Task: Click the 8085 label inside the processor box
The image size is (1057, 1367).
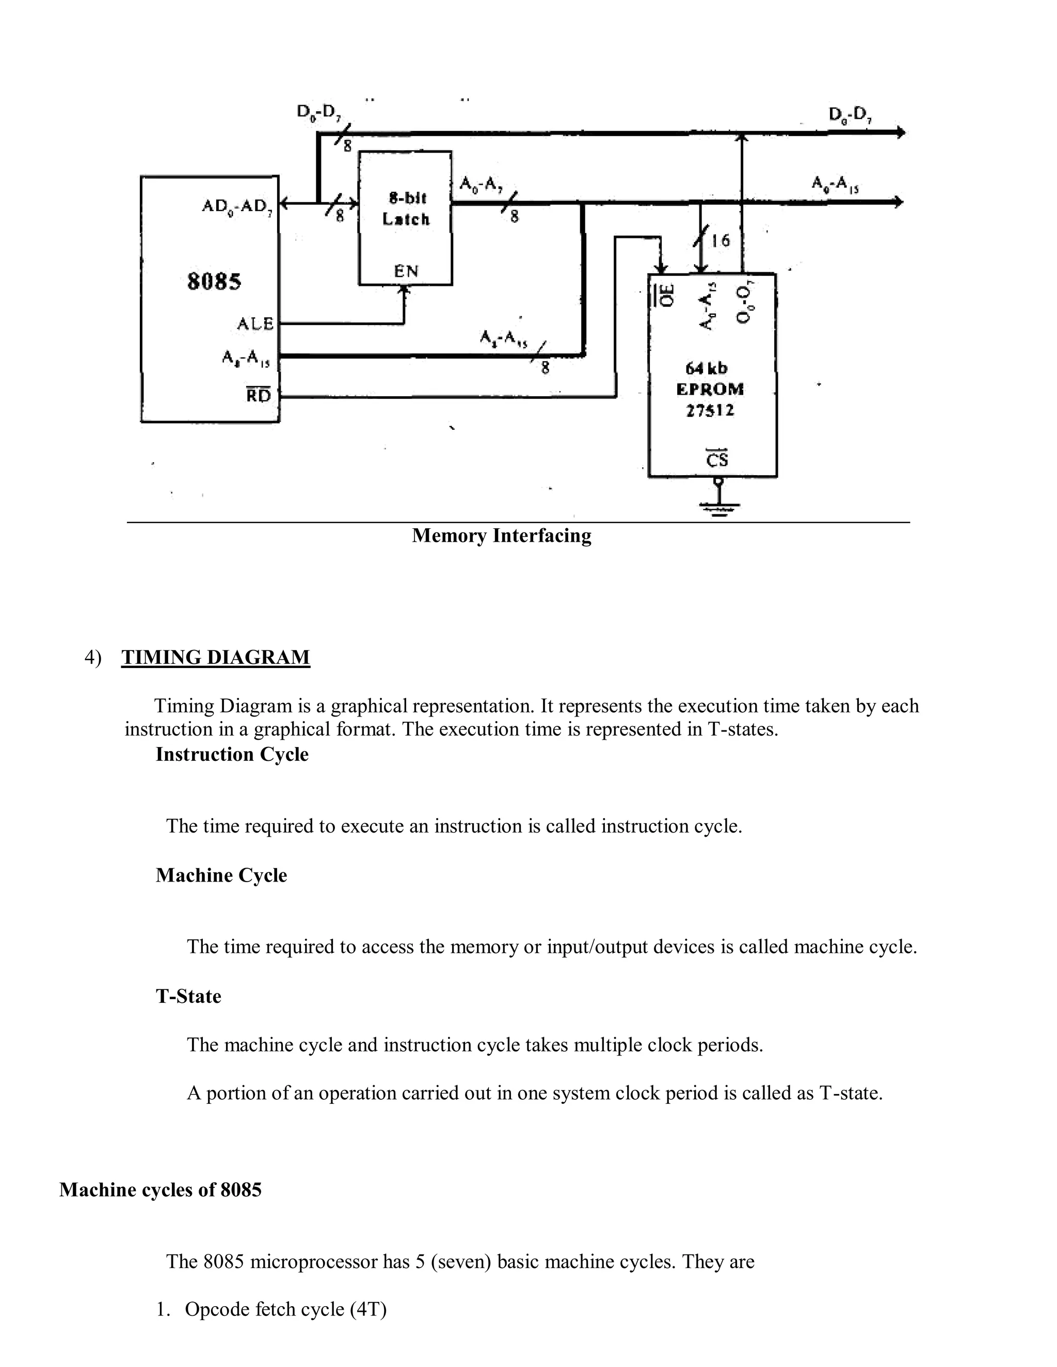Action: (x=214, y=282)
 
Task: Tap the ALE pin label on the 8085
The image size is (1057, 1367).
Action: (x=255, y=323)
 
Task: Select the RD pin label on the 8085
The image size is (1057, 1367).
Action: (x=258, y=396)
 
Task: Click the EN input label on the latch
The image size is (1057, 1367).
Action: (x=406, y=271)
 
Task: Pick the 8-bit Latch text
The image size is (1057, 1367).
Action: (x=406, y=209)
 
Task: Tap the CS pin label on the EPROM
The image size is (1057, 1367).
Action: (x=717, y=460)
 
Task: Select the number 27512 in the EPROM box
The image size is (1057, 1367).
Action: (x=710, y=411)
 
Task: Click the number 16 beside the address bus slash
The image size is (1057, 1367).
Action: (x=720, y=240)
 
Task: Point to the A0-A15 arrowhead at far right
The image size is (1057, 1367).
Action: (x=899, y=202)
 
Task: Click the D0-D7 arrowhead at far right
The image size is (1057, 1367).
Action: (x=901, y=133)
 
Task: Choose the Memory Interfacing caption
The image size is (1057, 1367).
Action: (x=502, y=536)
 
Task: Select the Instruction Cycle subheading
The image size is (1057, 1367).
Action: (x=232, y=754)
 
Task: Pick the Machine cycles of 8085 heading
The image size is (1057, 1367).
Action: (x=161, y=1190)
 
